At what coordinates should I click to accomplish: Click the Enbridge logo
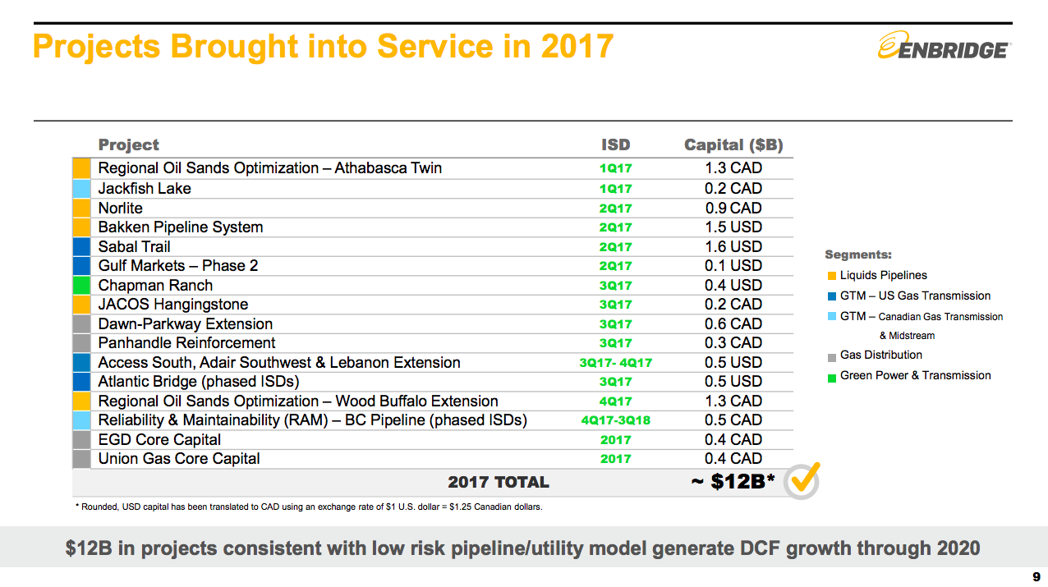click(944, 47)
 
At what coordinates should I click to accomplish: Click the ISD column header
click(615, 145)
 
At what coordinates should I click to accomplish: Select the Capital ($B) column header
click(733, 145)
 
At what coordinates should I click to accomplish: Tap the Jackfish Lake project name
click(145, 188)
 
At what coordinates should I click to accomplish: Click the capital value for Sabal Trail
click(733, 246)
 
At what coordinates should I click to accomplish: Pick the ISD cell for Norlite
click(615, 209)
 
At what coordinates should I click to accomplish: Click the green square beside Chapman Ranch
click(81, 286)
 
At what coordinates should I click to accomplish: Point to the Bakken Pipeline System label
click(181, 227)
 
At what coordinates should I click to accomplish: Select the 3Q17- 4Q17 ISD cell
click(615, 363)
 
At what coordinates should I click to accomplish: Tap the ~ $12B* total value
click(733, 481)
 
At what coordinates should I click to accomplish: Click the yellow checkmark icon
click(802, 479)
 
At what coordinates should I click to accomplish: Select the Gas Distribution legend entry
click(880, 355)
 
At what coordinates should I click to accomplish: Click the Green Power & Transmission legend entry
click(915, 376)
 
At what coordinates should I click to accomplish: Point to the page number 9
click(1036, 576)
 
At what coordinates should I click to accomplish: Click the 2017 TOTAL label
click(498, 482)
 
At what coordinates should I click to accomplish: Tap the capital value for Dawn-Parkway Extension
click(733, 324)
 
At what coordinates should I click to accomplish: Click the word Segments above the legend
click(857, 255)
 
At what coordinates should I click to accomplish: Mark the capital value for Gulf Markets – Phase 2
click(733, 266)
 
